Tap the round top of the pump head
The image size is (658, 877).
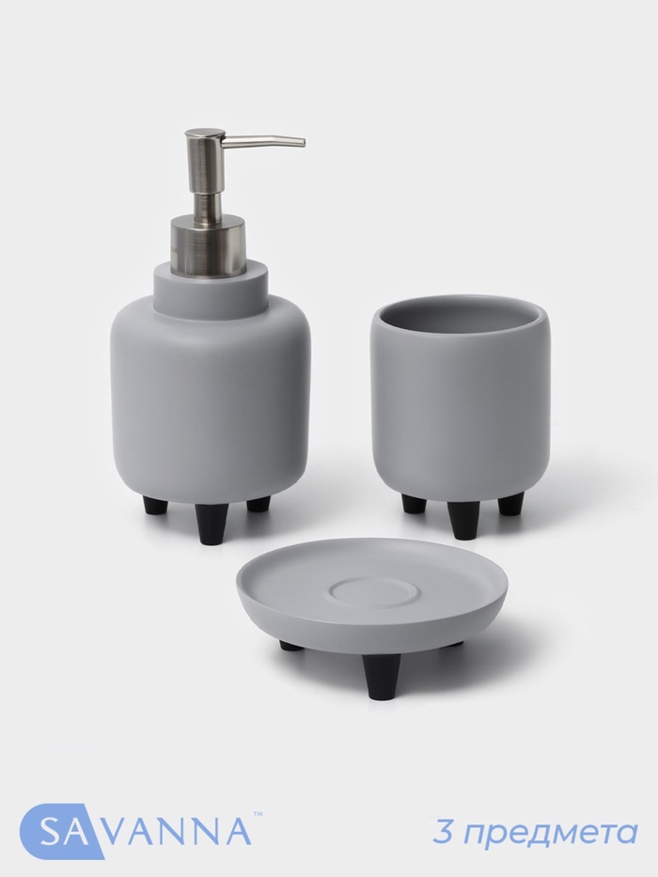pyautogui.click(x=205, y=133)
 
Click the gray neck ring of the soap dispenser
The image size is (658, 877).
pyautogui.click(x=210, y=285)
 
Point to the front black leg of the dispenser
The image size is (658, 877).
pyautogui.click(x=208, y=519)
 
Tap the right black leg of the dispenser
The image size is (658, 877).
pyautogui.click(x=258, y=505)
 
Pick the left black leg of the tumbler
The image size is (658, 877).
pyautogui.click(x=414, y=504)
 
